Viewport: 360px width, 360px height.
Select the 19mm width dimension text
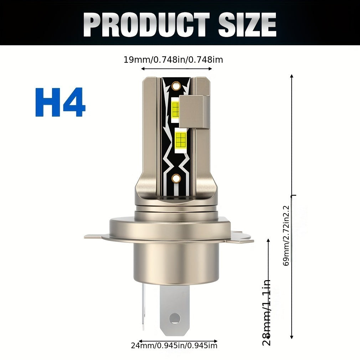point(173,60)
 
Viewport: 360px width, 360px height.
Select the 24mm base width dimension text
point(174,345)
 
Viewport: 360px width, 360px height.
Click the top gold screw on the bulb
point(175,86)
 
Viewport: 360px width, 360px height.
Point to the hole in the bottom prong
point(175,318)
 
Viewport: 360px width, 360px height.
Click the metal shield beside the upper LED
point(193,111)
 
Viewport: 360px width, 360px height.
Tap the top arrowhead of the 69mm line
point(292,76)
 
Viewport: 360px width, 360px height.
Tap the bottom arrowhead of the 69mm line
point(292,337)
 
